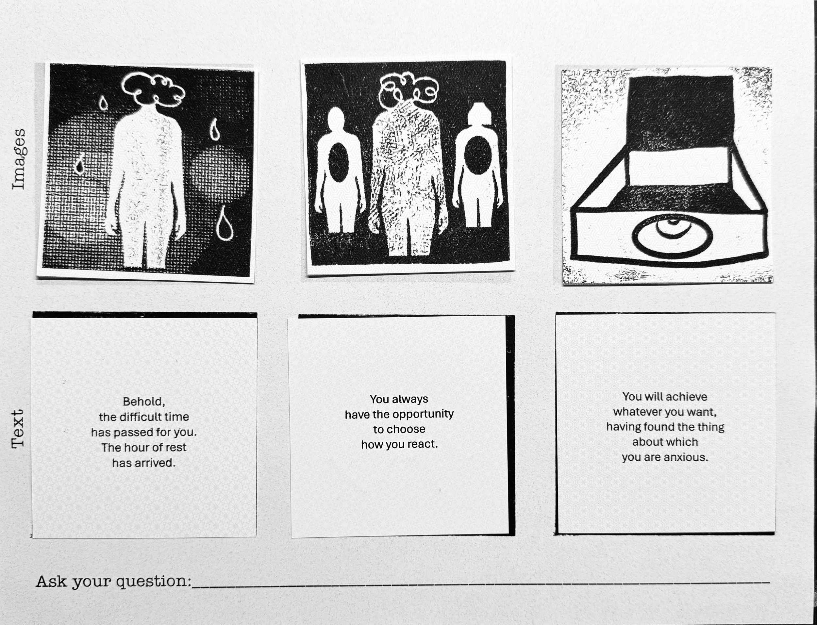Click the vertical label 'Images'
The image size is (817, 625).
tap(19, 159)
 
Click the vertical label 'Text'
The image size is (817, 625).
tap(18, 429)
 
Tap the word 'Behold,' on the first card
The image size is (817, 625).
tap(144, 402)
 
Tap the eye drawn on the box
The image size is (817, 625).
tap(672, 236)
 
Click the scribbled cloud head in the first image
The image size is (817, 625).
tap(153, 89)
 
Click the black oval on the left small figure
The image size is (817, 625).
tap(338, 163)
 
